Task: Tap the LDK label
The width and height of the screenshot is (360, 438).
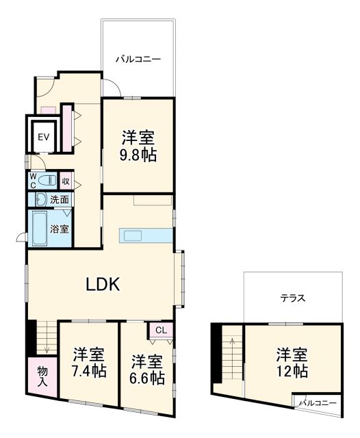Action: [x=103, y=283]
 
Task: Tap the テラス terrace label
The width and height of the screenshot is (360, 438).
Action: [x=292, y=298]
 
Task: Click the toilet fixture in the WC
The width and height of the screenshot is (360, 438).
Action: [x=47, y=181]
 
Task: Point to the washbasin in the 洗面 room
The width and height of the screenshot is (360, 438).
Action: [x=39, y=200]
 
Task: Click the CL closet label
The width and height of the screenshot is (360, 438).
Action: [x=161, y=331]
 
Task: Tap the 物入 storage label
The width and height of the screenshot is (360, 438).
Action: [x=42, y=376]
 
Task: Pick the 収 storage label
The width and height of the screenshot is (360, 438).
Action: [x=66, y=181]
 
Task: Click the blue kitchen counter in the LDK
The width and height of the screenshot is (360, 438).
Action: [x=145, y=235]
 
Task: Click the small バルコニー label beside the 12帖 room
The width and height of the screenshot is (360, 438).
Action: [x=317, y=403]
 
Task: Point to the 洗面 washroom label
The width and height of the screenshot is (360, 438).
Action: [x=60, y=200]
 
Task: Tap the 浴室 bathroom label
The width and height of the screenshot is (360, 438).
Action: [x=60, y=229]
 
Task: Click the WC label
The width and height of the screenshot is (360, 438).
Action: [x=31, y=181]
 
